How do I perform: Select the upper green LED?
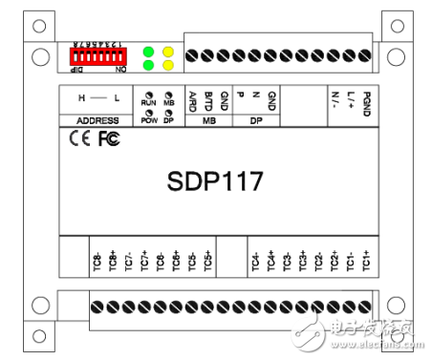pyautogui.click(x=149, y=53)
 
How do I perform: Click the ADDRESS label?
pyautogui.click(x=97, y=121)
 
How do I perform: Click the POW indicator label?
pyautogui.click(x=149, y=121)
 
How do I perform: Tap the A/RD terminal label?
pyautogui.click(x=192, y=99)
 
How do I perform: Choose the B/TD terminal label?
pyautogui.click(x=208, y=99)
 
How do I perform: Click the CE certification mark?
pyautogui.click(x=80, y=139)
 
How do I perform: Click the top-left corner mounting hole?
pyautogui.click(x=38, y=55)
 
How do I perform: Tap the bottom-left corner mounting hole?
pyautogui.click(x=38, y=306)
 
